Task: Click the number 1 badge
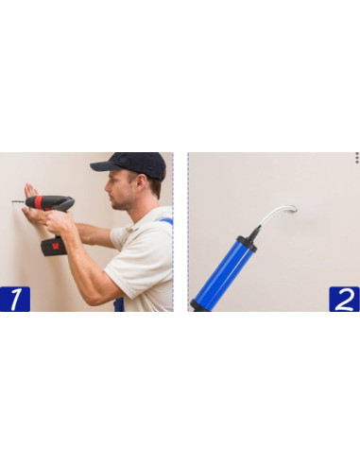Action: (x=15, y=299)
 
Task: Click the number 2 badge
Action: (x=344, y=299)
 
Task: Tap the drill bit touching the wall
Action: (x=18, y=201)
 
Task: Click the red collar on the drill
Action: (x=39, y=202)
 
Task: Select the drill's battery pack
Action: (x=54, y=246)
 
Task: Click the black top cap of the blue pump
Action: (x=247, y=244)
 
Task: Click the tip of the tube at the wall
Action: (x=295, y=208)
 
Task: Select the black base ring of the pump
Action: (x=199, y=306)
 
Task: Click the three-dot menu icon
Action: (x=357, y=158)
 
